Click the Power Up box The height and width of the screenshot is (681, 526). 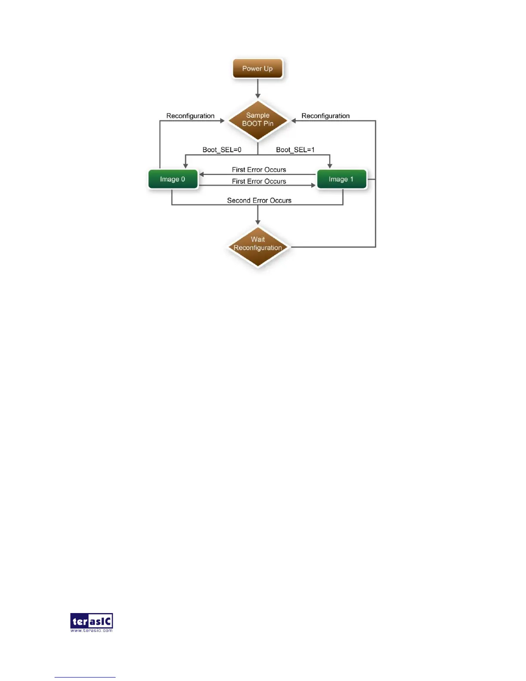click(x=257, y=69)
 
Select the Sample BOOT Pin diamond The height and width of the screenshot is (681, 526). click(x=257, y=120)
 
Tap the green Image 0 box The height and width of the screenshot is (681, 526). click(x=172, y=179)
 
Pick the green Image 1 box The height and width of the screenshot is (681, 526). click(x=341, y=179)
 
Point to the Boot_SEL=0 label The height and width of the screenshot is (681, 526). click(x=222, y=150)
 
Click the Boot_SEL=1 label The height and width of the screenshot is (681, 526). click(x=295, y=150)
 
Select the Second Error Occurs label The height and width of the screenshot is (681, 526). click(x=259, y=200)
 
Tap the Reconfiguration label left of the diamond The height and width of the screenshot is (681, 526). click(x=190, y=116)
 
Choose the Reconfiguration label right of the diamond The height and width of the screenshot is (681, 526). click(x=325, y=116)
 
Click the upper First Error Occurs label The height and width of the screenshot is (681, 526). click(x=259, y=170)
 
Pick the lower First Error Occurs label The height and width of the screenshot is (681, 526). click(x=259, y=181)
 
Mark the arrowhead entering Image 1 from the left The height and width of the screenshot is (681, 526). click(x=313, y=185)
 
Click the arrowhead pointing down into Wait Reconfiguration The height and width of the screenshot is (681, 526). click(x=258, y=222)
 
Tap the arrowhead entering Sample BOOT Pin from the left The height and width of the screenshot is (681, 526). click(x=222, y=121)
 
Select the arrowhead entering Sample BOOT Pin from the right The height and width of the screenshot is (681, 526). click(x=294, y=121)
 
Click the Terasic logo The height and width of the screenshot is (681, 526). click(x=92, y=621)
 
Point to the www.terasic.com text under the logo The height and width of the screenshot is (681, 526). click(x=92, y=631)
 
